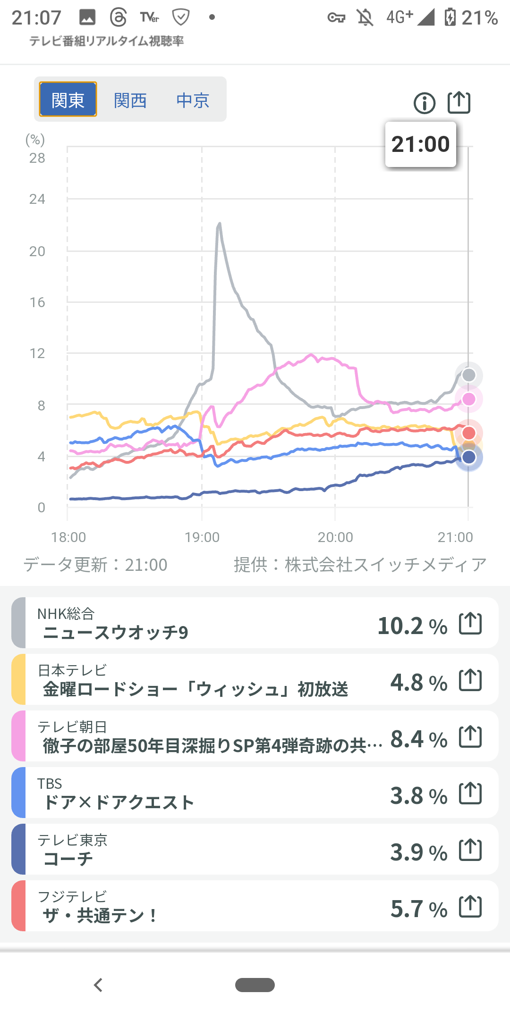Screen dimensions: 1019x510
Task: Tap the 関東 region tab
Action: (x=68, y=100)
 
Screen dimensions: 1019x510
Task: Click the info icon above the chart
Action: (x=425, y=103)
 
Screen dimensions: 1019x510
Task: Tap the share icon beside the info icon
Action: (x=459, y=102)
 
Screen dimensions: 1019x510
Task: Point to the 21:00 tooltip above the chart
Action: (x=420, y=144)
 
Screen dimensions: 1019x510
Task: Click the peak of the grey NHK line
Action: (x=220, y=224)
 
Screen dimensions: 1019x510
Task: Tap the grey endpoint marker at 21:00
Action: (x=468, y=375)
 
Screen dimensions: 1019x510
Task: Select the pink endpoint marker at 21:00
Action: (x=468, y=399)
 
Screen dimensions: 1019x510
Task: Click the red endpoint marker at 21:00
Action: (x=468, y=433)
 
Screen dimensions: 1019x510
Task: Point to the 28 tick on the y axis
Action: (x=37, y=158)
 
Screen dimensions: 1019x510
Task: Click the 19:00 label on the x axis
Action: (x=202, y=537)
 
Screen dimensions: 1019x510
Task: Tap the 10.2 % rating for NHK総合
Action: (x=412, y=626)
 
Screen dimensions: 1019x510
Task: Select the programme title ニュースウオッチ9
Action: (x=116, y=633)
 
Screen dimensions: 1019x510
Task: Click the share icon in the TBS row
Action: (x=470, y=793)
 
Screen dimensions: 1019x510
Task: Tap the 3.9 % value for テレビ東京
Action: (x=418, y=852)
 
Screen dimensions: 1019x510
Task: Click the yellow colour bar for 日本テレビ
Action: (x=18, y=679)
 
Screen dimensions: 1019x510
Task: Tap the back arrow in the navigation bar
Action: (x=98, y=985)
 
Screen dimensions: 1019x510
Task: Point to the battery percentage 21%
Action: (x=479, y=18)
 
